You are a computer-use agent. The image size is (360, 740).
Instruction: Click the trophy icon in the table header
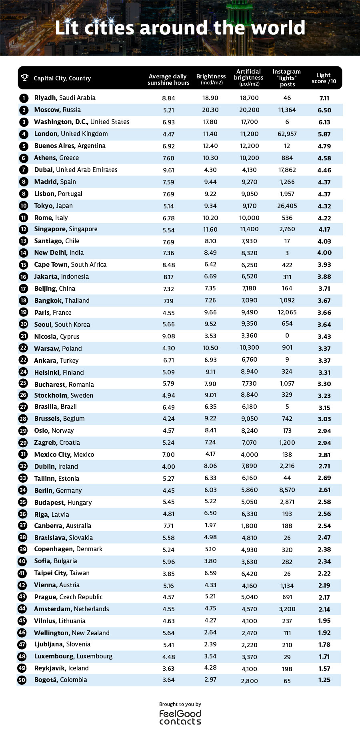click(x=25, y=78)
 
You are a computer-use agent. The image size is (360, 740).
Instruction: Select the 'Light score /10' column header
click(x=324, y=78)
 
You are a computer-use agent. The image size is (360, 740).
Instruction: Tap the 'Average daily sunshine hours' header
click(x=168, y=80)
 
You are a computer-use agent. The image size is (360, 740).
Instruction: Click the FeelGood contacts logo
click(x=180, y=717)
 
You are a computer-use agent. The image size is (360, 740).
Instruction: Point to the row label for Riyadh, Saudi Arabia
click(x=65, y=98)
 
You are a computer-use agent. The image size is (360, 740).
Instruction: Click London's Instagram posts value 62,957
click(x=287, y=134)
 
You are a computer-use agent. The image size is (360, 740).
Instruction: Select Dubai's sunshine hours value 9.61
click(x=168, y=170)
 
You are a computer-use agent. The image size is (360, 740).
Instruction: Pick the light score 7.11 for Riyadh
click(x=324, y=98)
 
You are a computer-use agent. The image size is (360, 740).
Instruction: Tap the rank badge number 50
click(x=22, y=680)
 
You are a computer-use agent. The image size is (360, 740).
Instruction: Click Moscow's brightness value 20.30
click(x=210, y=110)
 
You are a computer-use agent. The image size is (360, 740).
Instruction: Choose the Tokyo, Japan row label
click(x=53, y=206)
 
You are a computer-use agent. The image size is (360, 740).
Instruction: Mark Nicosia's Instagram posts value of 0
click(x=287, y=336)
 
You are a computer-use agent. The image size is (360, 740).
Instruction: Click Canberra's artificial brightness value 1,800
click(x=249, y=526)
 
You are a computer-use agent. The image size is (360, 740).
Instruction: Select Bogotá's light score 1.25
click(x=324, y=680)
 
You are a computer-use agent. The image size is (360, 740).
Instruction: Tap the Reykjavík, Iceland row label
click(x=61, y=668)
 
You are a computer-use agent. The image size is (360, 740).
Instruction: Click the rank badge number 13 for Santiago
click(x=23, y=241)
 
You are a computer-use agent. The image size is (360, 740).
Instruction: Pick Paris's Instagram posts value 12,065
click(x=287, y=312)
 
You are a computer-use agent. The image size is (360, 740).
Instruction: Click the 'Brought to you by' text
click(x=180, y=704)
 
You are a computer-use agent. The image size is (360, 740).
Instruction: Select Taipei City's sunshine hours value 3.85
click(x=168, y=574)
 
